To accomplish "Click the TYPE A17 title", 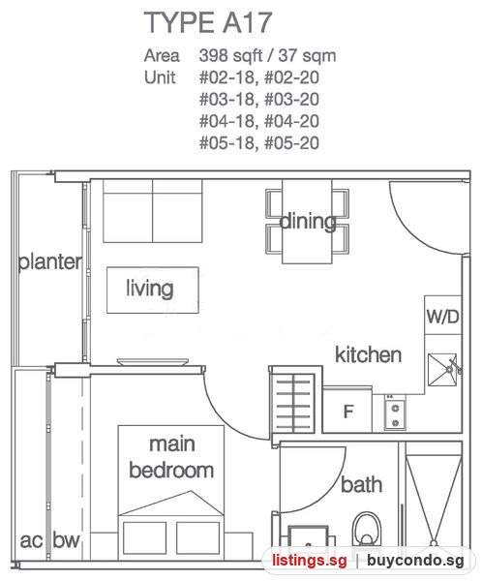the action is (208, 22).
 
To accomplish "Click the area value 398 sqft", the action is (230, 55).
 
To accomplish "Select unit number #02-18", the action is (226, 77).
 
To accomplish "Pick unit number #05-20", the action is (292, 143).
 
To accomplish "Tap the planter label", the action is (50, 262).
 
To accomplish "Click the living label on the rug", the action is (150, 289).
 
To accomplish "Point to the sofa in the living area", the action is (153, 211).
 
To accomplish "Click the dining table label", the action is (308, 222).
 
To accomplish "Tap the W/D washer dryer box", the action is (442, 316).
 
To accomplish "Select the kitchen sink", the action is (442, 370).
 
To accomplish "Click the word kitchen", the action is (368, 354).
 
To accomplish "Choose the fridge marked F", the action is (347, 410).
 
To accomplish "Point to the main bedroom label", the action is (171, 457).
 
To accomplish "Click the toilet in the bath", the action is (367, 529).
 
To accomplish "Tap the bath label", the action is (361, 485).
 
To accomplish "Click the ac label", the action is (31, 541).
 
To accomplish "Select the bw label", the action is (67, 539).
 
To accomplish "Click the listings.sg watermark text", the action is (310, 561).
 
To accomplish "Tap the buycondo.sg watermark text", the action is (415, 561).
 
